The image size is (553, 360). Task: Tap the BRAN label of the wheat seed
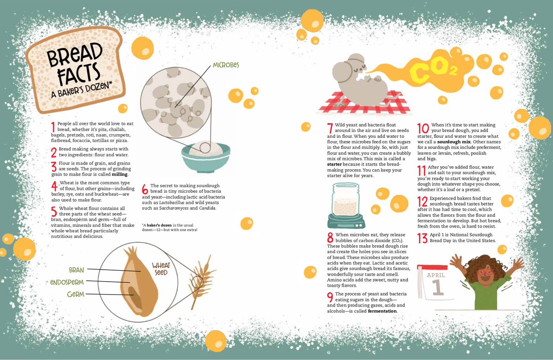click(x=76, y=270)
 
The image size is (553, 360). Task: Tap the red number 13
click(x=422, y=238)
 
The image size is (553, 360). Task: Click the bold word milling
click(x=119, y=175)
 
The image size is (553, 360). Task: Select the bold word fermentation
click(x=382, y=311)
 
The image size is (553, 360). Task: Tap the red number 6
click(x=145, y=189)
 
